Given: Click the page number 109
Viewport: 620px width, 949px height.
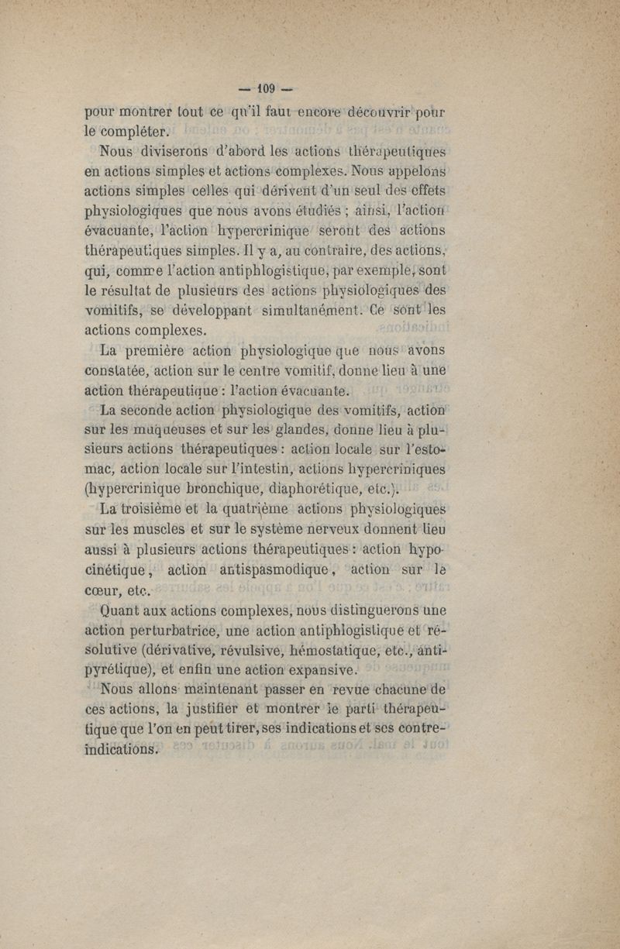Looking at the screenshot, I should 263,86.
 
